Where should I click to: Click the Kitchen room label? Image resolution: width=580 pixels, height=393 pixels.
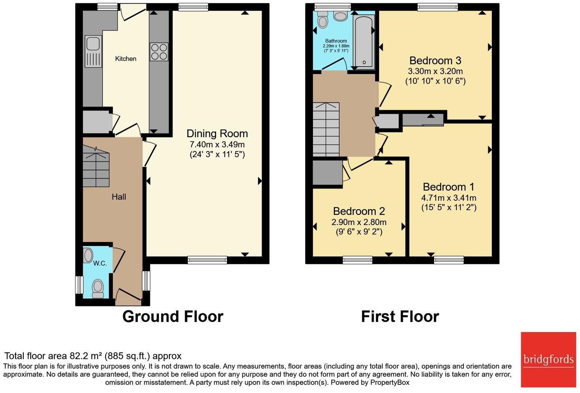click(x=125, y=59)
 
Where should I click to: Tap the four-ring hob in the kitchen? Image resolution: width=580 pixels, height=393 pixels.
click(x=159, y=52)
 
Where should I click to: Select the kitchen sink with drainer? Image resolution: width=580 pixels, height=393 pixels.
click(x=93, y=51)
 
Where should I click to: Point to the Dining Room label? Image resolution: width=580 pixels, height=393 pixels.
click(x=217, y=134)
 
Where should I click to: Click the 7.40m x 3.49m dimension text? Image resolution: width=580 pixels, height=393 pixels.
click(x=217, y=144)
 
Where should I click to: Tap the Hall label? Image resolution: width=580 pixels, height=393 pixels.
click(x=119, y=197)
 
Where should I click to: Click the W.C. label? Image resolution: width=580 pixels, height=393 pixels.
click(x=100, y=263)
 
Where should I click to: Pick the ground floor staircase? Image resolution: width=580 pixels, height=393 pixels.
click(x=96, y=166)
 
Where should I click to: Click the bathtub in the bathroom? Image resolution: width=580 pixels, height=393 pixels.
click(x=364, y=42)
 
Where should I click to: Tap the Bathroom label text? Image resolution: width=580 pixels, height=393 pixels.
click(x=336, y=41)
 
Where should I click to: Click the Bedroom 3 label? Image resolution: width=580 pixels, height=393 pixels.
click(x=435, y=61)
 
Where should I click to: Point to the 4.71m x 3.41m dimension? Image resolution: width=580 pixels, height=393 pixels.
click(x=449, y=198)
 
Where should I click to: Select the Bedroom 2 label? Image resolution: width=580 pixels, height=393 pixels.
click(x=359, y=211)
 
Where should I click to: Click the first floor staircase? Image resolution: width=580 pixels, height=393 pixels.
click(x=326, y=130)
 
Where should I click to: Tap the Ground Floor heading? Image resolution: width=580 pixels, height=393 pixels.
click(x=173, y=316)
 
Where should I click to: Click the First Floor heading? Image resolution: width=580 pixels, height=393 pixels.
click(x=400, y=316)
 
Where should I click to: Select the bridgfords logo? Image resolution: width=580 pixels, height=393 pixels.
click(x=548, y=360)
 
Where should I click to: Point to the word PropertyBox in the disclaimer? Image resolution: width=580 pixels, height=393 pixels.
click(x=390, y=383)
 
